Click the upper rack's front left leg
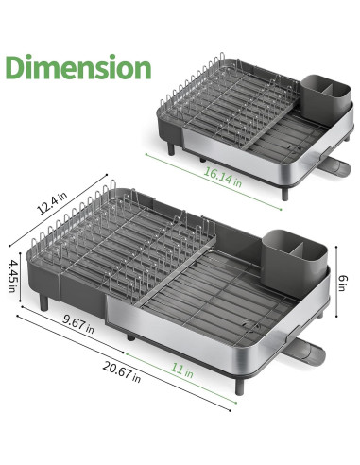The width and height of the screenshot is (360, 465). pos(173,150)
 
